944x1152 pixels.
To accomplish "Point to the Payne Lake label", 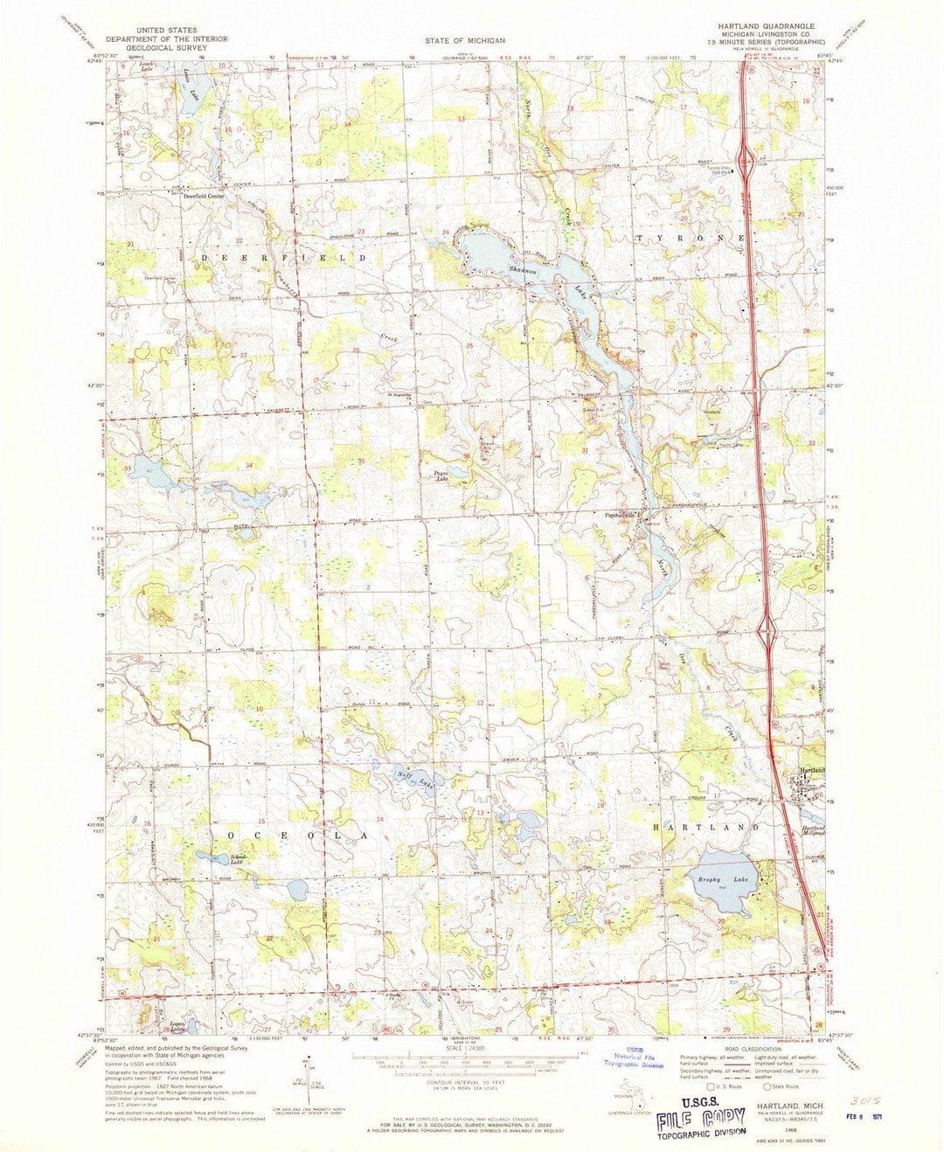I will click(x=442, y=477).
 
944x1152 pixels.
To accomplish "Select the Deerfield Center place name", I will click(x=204, y=196).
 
